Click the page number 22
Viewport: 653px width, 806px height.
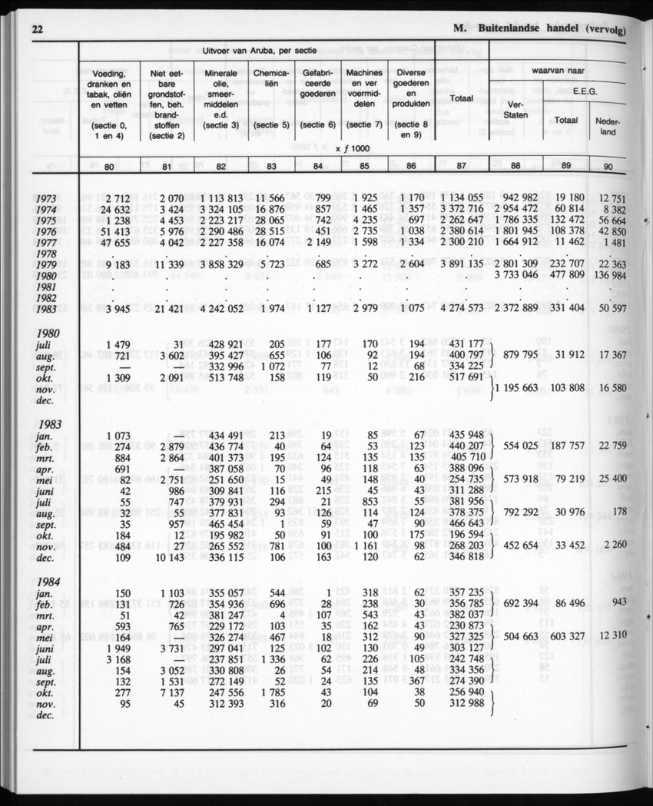coord(37,30)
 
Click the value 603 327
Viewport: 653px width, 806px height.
coord(568,636)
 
